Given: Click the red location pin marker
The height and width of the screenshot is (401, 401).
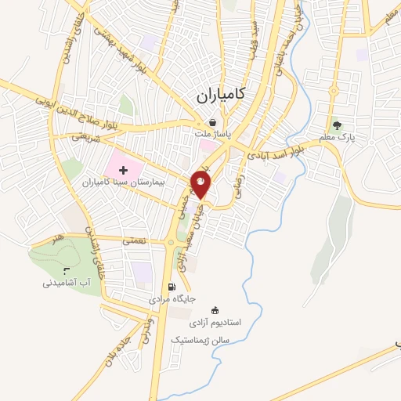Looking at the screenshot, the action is pyautogui.click(x=201, y=186).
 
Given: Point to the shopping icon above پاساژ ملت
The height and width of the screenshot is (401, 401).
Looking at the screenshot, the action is pyautogui.click(x=213, y=121).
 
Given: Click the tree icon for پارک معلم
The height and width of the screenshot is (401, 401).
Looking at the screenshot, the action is pyautogui.click(x=338, y=124).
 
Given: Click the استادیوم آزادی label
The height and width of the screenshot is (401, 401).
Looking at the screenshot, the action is pyautogui.click(x=217, y=323).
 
